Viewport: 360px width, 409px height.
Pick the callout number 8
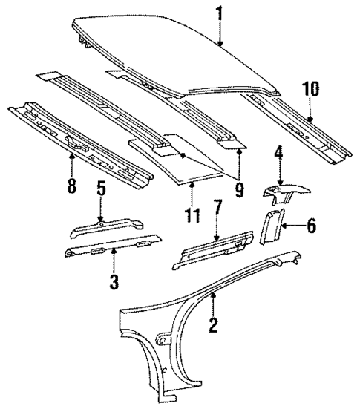point(71,186)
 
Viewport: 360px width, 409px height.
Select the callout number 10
point(310,90)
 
